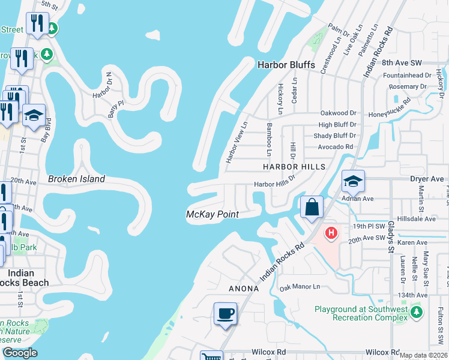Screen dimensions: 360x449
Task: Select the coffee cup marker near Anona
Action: point(225,313)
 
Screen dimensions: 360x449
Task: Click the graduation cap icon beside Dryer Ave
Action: point(353,181)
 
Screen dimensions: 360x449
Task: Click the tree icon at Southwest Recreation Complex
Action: point(416,312)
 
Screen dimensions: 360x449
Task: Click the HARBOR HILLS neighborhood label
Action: point(294,166)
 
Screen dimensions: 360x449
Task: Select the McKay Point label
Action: point(212,214)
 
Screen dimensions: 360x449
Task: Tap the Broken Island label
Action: point(76,179)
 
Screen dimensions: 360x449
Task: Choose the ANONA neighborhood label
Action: point(243,289)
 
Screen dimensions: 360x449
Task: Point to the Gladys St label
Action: point(391,245)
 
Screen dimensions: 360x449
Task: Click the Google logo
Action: point(19,353)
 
